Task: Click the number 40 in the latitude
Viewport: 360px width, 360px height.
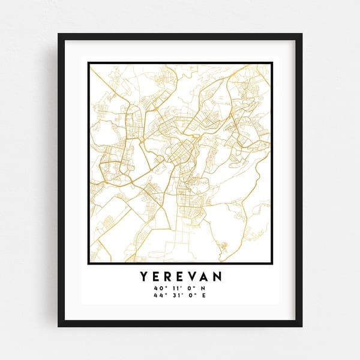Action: [x=157, y=288]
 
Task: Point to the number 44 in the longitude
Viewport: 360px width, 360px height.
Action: [x=157, y=295]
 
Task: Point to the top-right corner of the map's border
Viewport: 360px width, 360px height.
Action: [x=271, y=63]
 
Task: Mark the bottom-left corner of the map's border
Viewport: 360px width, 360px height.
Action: [x=89, y=263]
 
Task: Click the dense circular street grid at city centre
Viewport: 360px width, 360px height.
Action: [x=179, y=154]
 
